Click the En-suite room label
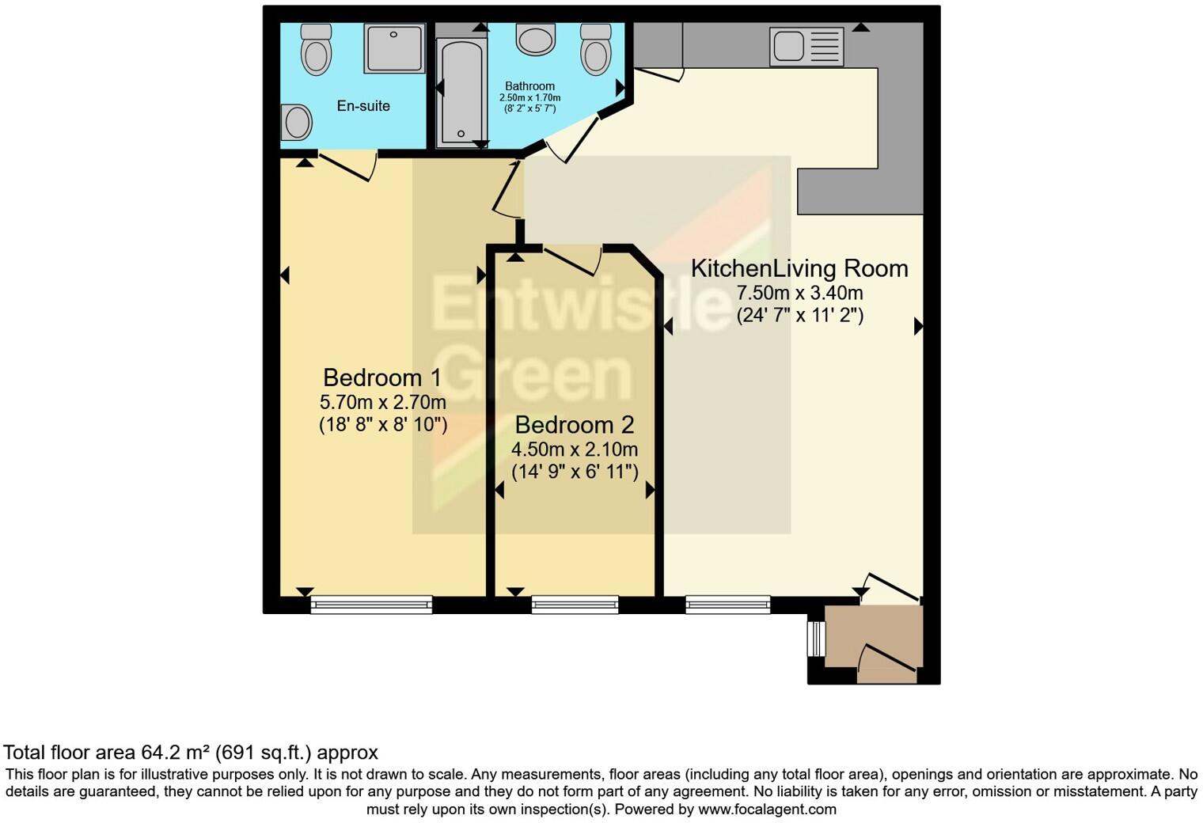363,106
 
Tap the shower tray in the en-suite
394,47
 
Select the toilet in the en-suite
316,49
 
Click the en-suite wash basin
297,123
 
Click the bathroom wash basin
536,39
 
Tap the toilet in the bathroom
595,49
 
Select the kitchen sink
806,47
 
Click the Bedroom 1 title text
382,377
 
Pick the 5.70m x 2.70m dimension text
383,402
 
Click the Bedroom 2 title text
574,425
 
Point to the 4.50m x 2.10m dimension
574,449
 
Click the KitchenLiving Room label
799,268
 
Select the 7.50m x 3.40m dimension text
799,293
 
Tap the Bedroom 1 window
371,605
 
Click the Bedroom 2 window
575,605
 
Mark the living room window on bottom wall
727,605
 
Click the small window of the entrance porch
814,639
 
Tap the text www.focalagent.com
766,810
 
